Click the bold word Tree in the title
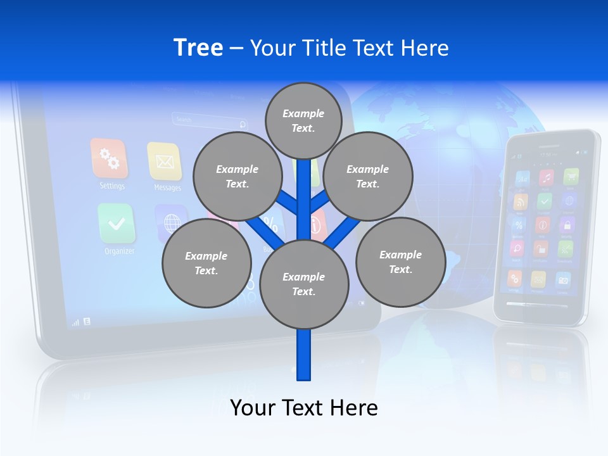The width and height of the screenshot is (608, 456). tap(198, 47)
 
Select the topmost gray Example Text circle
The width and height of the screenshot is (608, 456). tap(303, 120)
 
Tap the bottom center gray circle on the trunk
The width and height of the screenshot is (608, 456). tap(304, 284)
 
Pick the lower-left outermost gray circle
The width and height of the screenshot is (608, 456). tap(206, 263)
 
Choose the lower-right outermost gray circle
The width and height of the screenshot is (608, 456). tap(400, 262)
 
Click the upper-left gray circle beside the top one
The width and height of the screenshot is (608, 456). tap(237, 176)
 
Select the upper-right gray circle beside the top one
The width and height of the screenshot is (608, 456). tap(368, 176)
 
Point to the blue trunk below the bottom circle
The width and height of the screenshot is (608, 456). tap(304, 355)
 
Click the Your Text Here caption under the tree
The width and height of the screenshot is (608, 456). tap(304, 407)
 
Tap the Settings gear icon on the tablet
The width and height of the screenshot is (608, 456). tap(110, 159)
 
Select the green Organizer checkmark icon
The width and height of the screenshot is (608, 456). tap(117, 224)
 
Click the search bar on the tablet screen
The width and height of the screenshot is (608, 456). tap(210, 120)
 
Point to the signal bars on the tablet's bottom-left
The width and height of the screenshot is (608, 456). tap(76, 322)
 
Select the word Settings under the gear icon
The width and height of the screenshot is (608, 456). tap(112, 186)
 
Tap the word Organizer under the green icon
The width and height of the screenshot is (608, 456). tap(119, 251)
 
